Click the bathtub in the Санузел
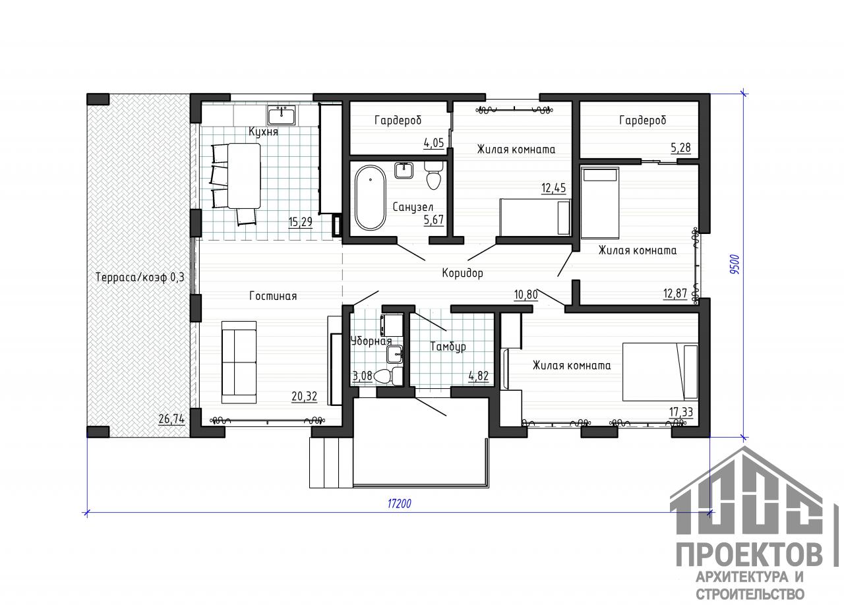[371, 198]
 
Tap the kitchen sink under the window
[282, 115]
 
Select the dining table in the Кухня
[244, 175]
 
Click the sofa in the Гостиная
[239, 362]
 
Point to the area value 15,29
[300, 222]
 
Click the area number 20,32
[304, 396]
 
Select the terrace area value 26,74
[171, 419]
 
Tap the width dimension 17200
[400, 504]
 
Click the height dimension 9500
[735, 264]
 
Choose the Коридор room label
[462, 273]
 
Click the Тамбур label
[448, 346]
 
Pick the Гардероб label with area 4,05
[398, 120]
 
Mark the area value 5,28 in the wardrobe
[681, 147]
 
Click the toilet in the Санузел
[433, 175]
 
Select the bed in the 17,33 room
[660, 372]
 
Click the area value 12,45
[553, 188]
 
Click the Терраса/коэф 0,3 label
[140, 277]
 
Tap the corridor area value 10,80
[526, 294]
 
